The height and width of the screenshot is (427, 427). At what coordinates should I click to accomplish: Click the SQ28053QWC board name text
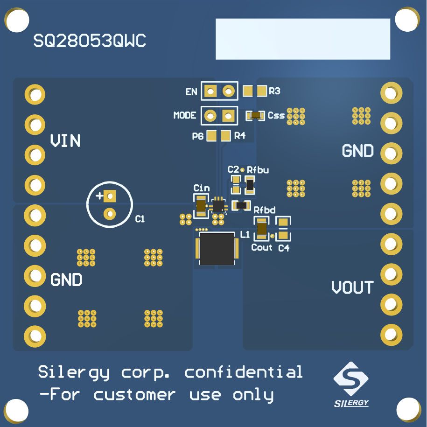[90, 42]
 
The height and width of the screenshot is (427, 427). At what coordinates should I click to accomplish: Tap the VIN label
[65, 140]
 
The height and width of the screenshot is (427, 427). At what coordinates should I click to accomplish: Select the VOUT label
[352, 287]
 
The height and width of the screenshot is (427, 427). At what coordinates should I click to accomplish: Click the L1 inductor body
[217, 249]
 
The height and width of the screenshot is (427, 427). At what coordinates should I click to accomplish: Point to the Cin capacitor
[201, 206]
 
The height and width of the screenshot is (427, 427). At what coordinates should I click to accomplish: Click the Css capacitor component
[255, 115]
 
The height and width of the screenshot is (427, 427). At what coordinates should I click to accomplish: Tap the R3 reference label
[275, 91]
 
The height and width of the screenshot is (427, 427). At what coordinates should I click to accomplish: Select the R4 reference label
[239, 136]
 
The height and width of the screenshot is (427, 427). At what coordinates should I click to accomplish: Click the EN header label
[191, 92]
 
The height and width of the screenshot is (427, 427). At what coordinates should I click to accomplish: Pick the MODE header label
[185, 115]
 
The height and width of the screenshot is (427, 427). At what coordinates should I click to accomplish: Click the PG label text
[198, 136]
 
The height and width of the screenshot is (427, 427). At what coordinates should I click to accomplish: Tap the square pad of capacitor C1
[110, 196]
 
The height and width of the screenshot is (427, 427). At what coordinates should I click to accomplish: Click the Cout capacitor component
[262, 229]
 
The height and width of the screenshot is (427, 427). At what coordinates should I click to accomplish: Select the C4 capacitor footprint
[283, 228]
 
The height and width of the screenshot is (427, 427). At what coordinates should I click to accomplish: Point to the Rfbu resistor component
[250, 185]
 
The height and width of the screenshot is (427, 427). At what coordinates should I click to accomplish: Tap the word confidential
[244, 372]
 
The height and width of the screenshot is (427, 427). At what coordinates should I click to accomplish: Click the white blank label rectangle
[302, 39]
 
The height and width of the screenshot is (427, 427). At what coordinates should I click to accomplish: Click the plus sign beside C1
[99, 196]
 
